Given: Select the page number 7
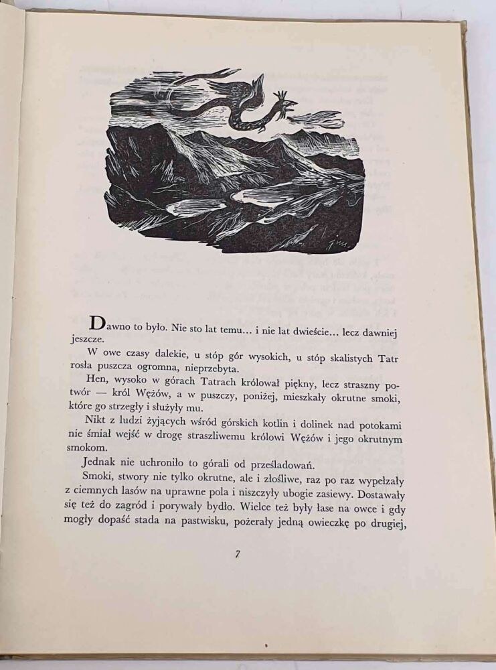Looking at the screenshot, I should pos(238,553).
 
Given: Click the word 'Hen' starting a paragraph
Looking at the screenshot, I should pos(96,387).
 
